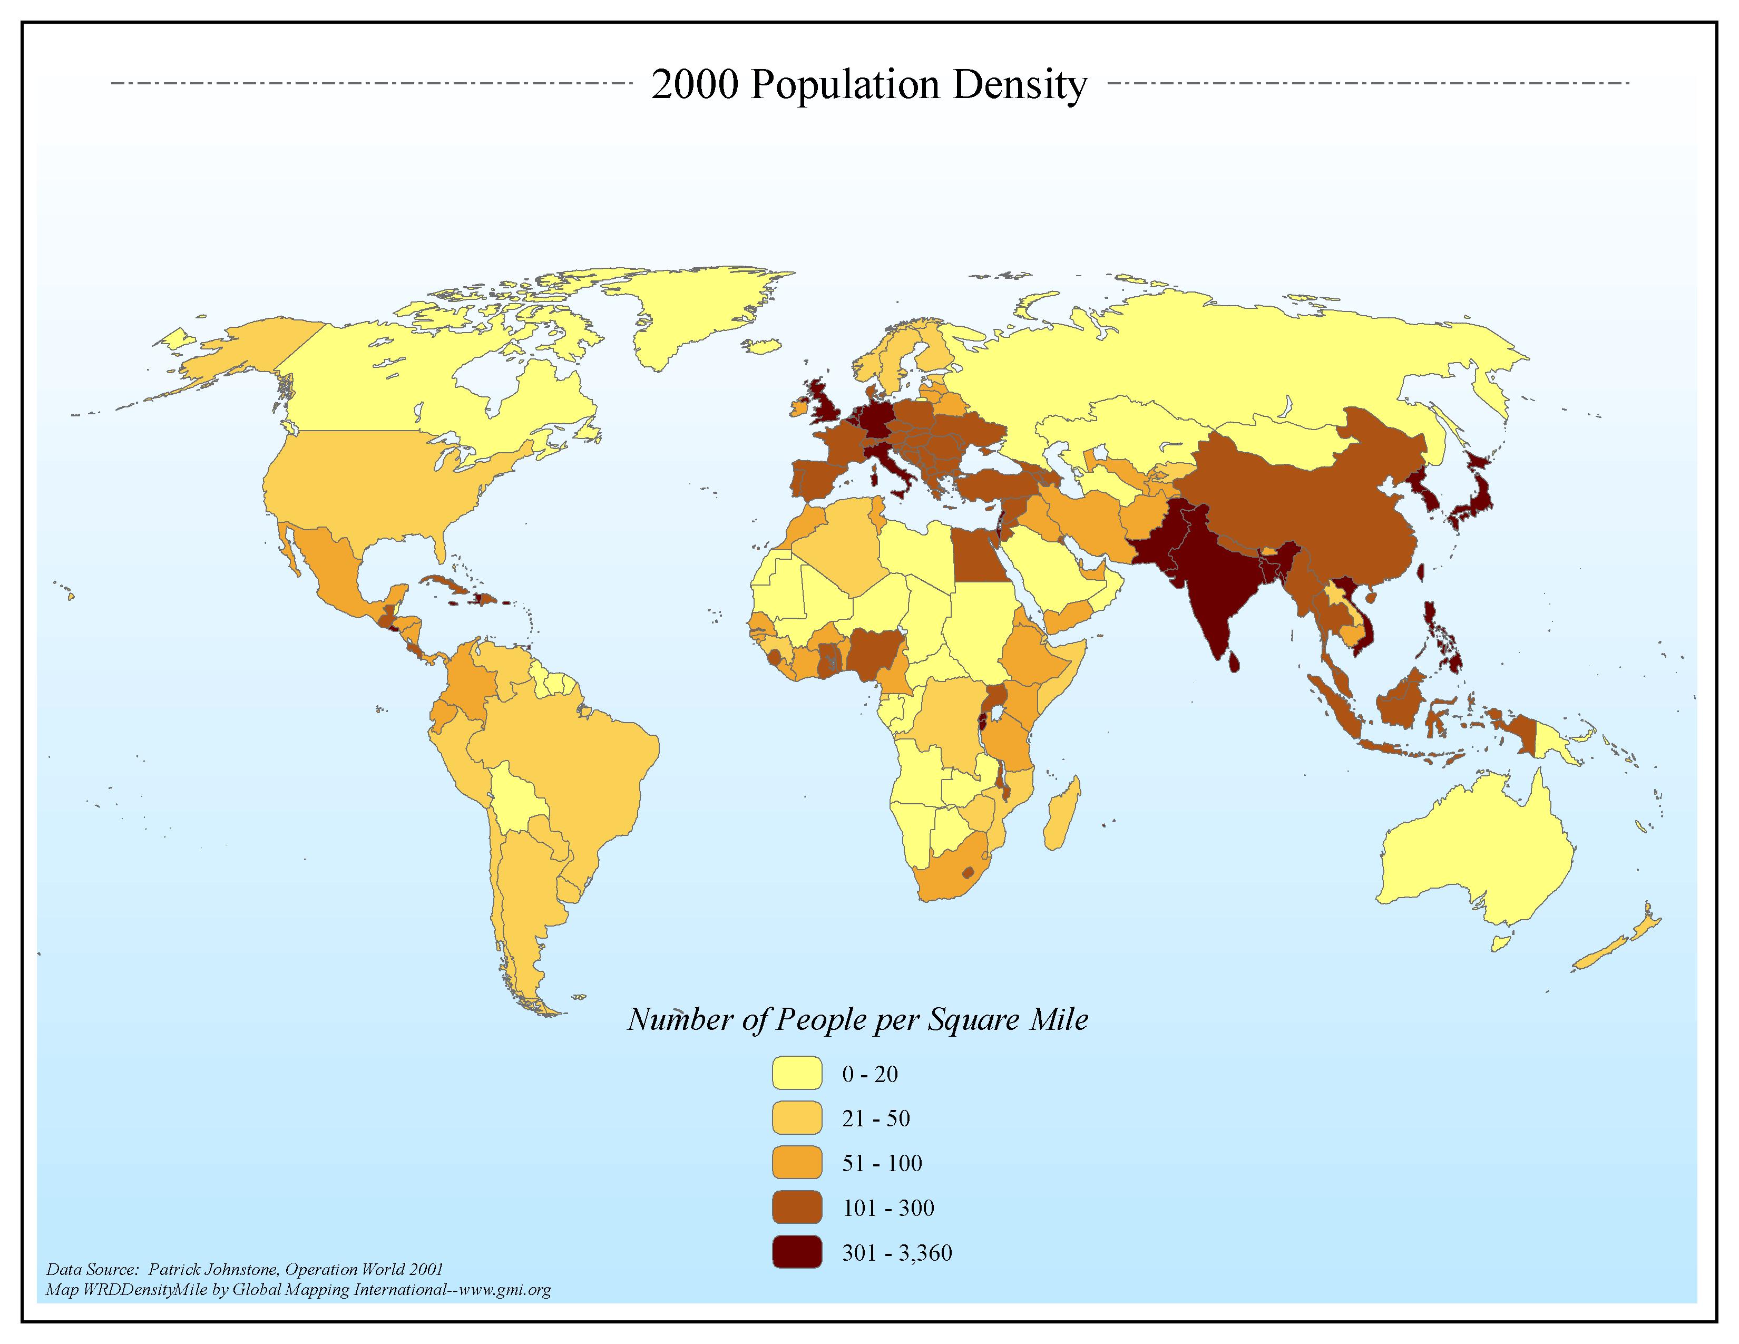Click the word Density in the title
[x=1019, y=84]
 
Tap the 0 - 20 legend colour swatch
[x=796, y=1073]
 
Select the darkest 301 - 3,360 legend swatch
[x=796, y=1252]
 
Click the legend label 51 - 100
[x=882, y=1163]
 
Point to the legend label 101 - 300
[x=888, y=1208]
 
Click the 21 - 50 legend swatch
[x=796, y=1118]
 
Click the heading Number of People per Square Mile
[x=857, y=1020]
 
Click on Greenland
[x=701, y=310]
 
